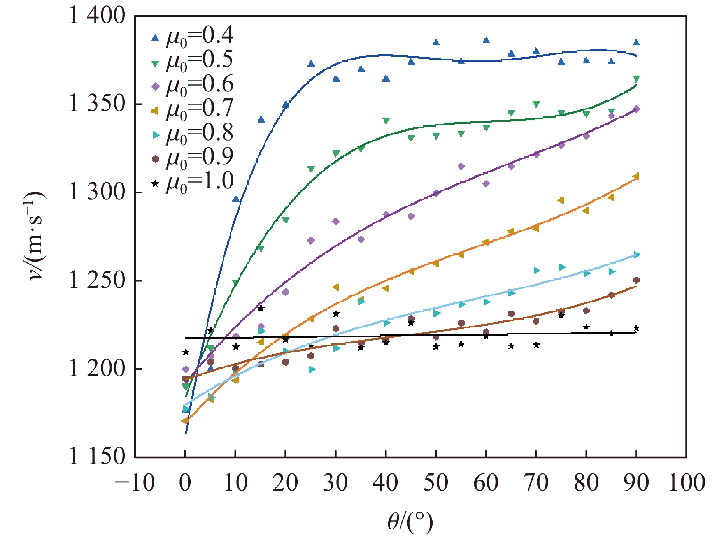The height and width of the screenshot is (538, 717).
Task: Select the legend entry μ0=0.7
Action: coord(193,110)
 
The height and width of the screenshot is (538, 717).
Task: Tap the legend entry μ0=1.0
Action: coord(193,182)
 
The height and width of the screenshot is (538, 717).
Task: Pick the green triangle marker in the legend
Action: coord(155,64)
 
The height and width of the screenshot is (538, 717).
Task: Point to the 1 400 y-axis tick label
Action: coord(97,16)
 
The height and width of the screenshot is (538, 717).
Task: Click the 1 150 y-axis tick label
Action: coord(97,457)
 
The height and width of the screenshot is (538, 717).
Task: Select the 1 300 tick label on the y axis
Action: coord(97,192)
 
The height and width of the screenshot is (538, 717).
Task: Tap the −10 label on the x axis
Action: coord(135,483)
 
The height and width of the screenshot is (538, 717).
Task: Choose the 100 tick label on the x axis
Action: coord(686,483)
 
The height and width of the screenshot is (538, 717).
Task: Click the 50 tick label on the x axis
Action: coord(436,483)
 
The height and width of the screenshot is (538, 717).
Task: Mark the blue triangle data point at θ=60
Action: coord(486,40)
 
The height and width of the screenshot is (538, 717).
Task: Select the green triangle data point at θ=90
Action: coord(636,79)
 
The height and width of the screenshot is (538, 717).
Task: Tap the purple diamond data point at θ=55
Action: coord(461,167)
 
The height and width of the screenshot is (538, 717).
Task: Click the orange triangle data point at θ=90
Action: coord(636,177)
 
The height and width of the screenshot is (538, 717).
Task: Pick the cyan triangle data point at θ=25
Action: coord(311,369)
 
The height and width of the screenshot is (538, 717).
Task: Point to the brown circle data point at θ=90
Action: coord(636,280)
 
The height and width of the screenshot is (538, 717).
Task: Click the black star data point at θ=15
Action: coord(261,308)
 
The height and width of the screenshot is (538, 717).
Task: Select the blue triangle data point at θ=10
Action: coord(235,199)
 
